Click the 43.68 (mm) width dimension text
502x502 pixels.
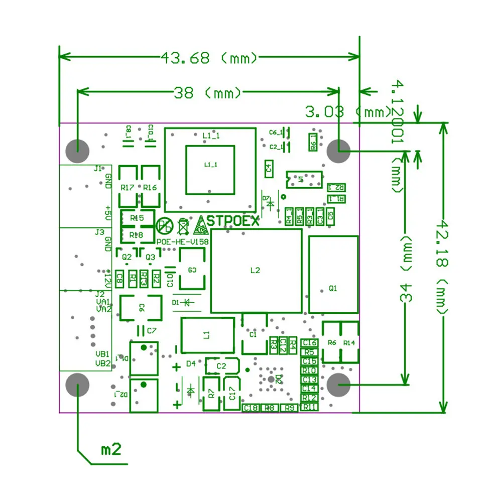[x=209, y=58]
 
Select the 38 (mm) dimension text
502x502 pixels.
[x=207, y=93]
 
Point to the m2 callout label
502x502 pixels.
[x=111, y=449]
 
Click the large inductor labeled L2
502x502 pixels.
[x=256, y=271]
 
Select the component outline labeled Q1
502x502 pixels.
[x=333, y=275]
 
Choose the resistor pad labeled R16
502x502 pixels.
[x=150, y=187]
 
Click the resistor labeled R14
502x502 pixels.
[x=349, y=342]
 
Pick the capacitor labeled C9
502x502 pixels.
[x=192, y=270]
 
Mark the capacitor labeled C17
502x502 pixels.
[x=231, y=393]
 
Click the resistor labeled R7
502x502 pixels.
[x=211, y=393]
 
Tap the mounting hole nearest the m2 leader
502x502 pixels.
[x=77, y=386]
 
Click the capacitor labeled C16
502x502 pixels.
[x=309, y=342]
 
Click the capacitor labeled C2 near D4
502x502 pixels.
[x=221, y=366]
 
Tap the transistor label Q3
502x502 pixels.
[x=150, y=257]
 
